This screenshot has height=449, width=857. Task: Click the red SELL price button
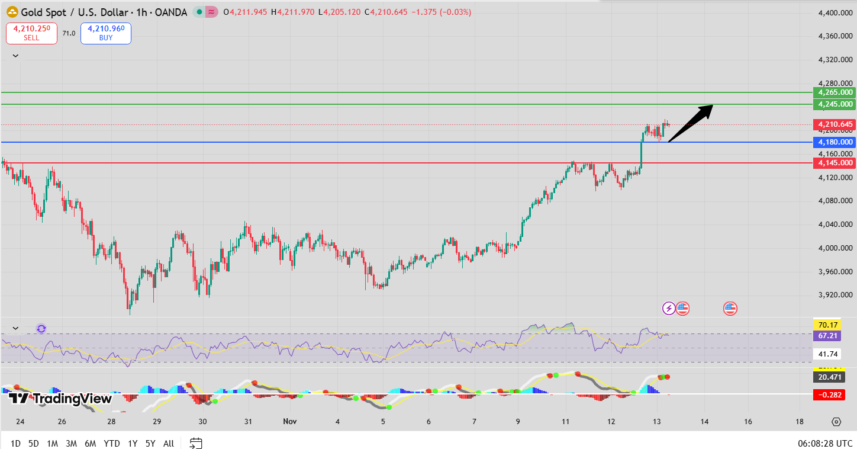pos(31,33)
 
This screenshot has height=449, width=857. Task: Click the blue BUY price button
pos(105,33)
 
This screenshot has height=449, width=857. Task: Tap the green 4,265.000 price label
pos(835,92)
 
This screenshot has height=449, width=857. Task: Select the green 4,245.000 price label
pos(835,104)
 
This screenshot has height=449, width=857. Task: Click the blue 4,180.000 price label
pos(835,142)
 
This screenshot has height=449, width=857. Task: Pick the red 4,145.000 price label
pos(835,163)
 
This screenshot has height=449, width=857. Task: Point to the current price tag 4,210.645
pos(835,124)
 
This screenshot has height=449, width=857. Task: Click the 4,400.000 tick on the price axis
pos(835,13)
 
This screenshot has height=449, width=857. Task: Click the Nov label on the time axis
pos(289,422)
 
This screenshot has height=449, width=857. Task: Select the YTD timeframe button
pos(111,443)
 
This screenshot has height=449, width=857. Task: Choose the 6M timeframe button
pos(91,443)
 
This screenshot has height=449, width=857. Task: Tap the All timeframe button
pos(169,443)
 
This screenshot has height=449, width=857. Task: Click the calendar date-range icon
pos(196,443)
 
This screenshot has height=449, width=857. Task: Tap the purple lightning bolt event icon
pos(668,308)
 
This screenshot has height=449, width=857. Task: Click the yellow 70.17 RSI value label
pos(827,325)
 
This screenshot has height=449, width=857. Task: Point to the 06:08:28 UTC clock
pos(824,443)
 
